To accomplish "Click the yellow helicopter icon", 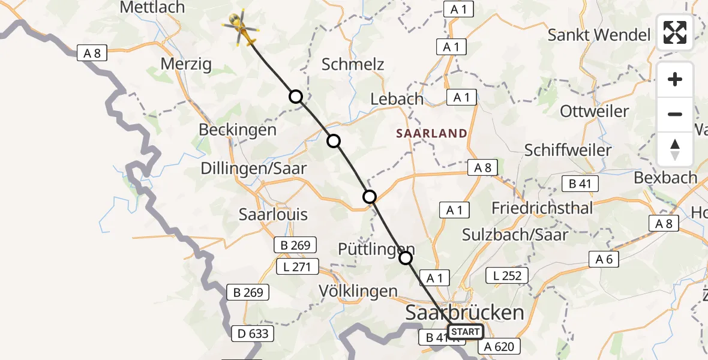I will pos(241,27).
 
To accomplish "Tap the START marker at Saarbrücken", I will pos(465,332).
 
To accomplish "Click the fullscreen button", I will pos(675,32).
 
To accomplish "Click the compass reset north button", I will pos(675,149).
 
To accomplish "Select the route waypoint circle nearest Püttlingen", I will pos(406,258).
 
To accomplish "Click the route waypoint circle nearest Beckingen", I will pos(296,96).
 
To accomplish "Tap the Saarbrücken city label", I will pos(465,312).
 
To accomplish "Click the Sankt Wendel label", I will pos(599,35).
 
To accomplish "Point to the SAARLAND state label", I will pos(431,133).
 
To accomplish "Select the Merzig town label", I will pos(186,64).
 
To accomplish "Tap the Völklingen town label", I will pos(358,292).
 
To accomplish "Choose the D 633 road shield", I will pos(254,333).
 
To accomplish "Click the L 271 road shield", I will pos(294,266).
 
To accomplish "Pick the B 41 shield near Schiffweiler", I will pos(580,184).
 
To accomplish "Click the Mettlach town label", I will pos(152,7).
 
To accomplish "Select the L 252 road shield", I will pos(507,275).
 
